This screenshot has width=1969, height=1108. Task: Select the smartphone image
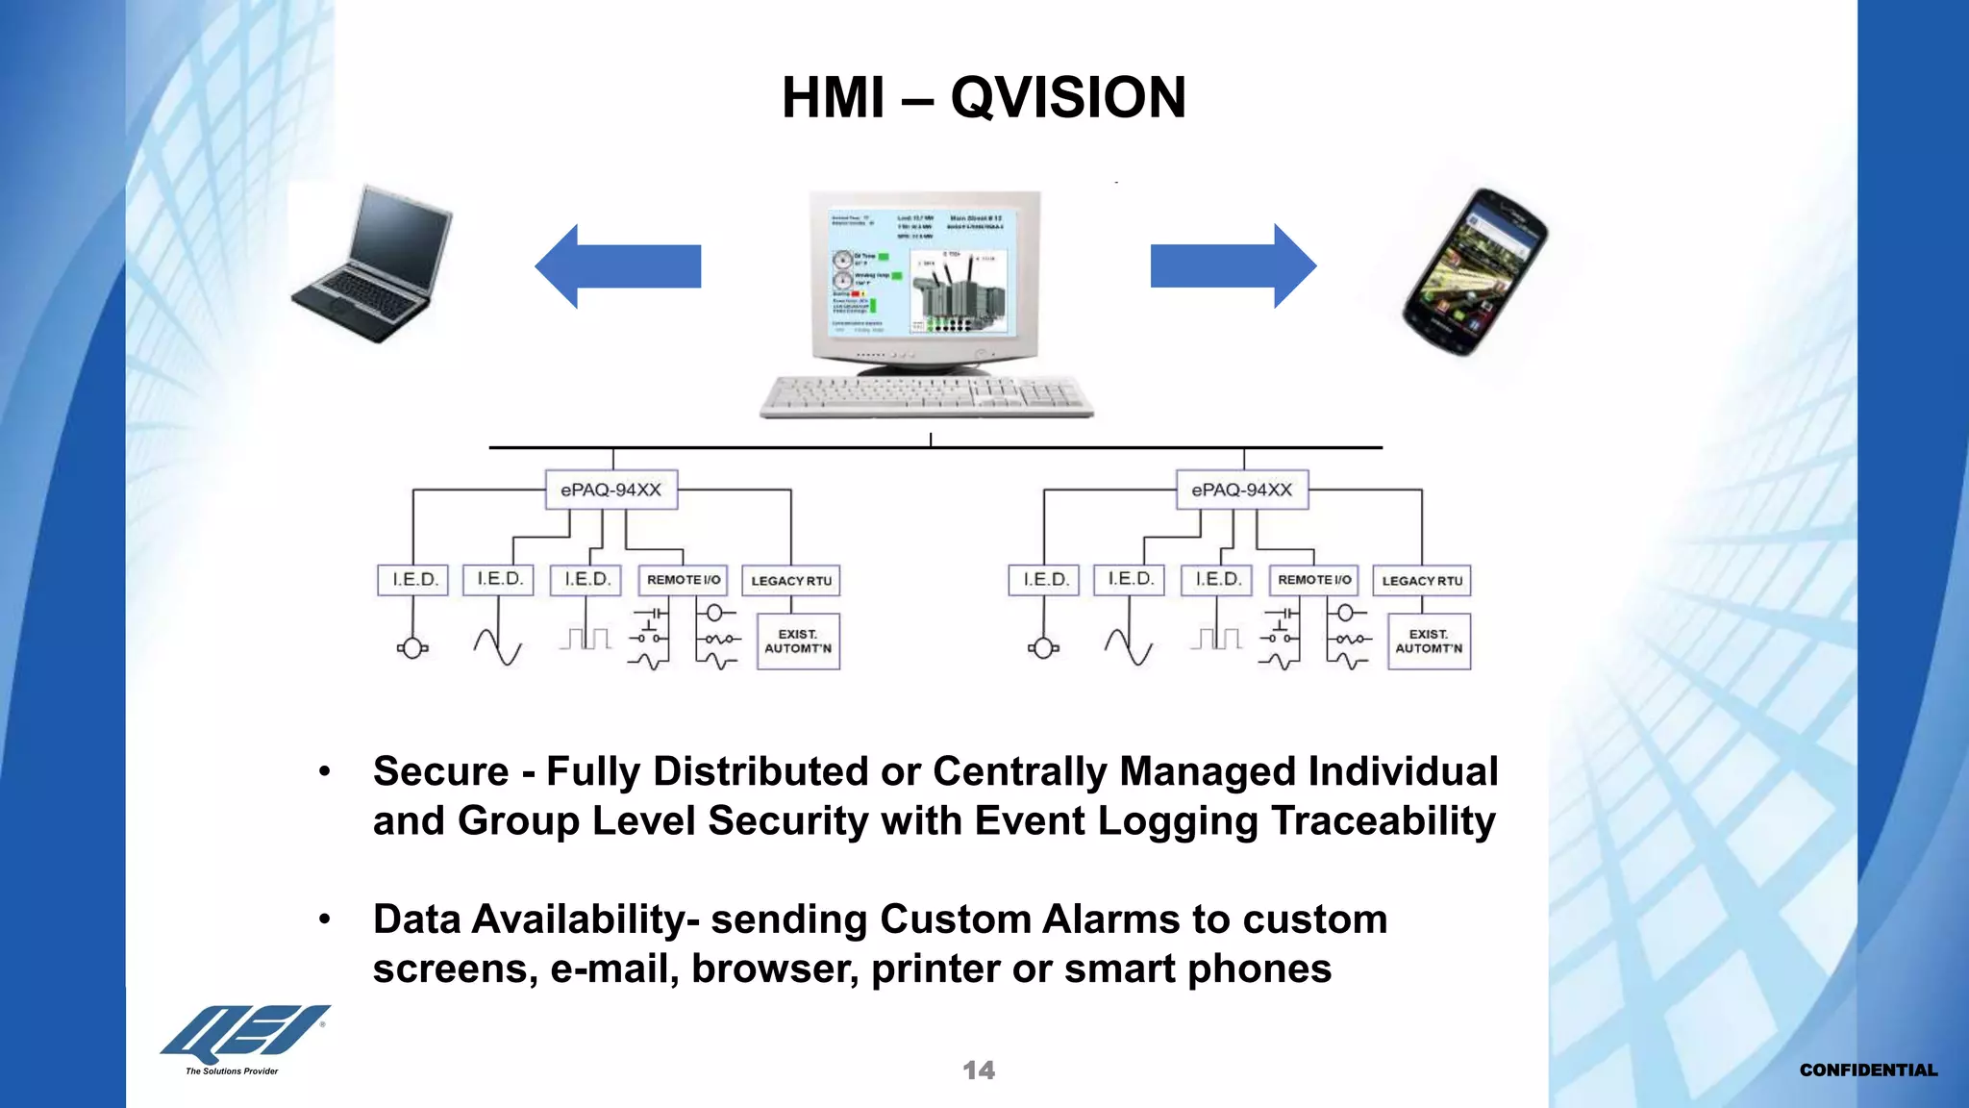click(1475, 271)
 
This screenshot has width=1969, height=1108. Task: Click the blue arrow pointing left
click(618, 266)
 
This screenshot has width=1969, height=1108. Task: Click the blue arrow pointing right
click(1233, 266)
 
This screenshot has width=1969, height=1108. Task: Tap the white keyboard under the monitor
click(925, 395)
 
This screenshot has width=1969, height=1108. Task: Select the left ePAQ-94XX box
click(611, 490)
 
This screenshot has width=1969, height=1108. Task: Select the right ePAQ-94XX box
click(1241, 490)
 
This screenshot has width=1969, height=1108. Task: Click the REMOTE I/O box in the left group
click(683, 580)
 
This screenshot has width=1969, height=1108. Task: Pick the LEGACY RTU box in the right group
click(1421, 581)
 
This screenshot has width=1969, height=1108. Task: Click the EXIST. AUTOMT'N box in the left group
click(798, 642)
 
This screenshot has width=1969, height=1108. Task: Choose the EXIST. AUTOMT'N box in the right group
click(1429, 642)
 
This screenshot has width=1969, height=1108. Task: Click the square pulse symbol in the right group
click(1216, 639)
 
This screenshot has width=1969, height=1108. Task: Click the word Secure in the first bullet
click(440, 771)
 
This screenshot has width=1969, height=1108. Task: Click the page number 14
click(979, 1070)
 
